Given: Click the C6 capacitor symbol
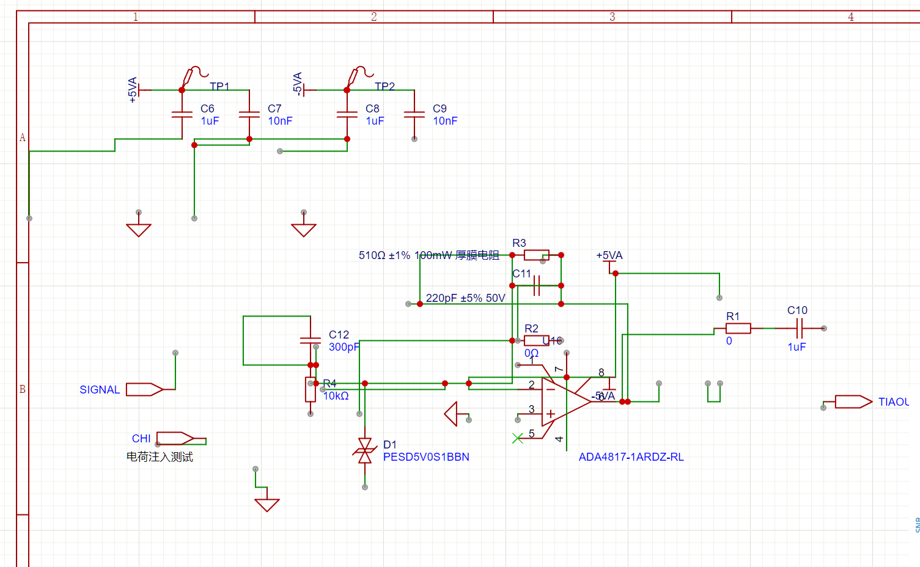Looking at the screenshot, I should (x=182, y=114).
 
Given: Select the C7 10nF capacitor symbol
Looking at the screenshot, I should (x=249, y=114).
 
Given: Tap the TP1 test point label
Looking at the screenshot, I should (x=219, y=87).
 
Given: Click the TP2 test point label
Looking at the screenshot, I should (x=385, y=87).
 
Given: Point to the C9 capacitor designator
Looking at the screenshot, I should (x=440, y=109).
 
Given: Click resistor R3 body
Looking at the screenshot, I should (x=536, y=255).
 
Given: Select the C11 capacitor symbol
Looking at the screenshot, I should (x=537, y=285).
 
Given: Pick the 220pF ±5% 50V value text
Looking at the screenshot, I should (x=465, y=298).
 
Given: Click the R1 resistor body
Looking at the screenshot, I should (x=738, y=328).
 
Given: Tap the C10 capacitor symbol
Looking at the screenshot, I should (x=799, y=328).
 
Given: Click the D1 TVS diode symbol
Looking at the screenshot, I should (x=365, y=451).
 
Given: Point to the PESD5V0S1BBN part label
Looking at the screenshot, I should (x=426, y=457).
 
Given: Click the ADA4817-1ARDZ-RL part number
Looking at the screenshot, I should (x=631, y=457).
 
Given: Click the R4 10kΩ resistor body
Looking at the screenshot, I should (x=311, y=389).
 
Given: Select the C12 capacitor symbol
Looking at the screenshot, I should (x=311, y=340).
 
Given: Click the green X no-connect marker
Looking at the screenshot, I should (x=518, y=438).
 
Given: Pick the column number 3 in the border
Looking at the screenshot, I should (x=612, y=17).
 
